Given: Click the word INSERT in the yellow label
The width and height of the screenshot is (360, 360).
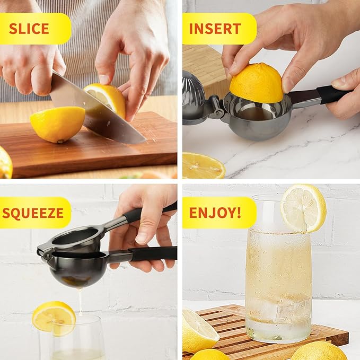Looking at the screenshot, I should [x=215, y=29].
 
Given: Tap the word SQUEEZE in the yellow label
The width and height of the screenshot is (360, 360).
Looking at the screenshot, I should [x=33, y=213].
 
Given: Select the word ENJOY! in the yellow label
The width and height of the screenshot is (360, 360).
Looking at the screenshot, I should [x=215, y=213].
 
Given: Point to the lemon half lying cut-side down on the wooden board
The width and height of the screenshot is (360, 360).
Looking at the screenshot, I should [x=57, y=124].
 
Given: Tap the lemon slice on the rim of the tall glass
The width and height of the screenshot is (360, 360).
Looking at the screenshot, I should [x=303, y=208].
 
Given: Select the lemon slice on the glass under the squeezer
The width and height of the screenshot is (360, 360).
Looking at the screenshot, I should [x=54, y=318].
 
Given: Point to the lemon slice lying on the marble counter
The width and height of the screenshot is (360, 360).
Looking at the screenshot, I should [x=203, y=166].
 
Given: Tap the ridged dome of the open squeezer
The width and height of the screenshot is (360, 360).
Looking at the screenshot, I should [x=194, y=95].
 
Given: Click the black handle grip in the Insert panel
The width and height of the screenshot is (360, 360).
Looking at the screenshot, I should [x=332, y=94].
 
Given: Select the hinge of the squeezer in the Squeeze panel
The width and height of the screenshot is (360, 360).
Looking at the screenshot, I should [x=46, y=252].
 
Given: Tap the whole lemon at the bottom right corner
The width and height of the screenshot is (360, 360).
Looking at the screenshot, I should [x=318, y=352].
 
